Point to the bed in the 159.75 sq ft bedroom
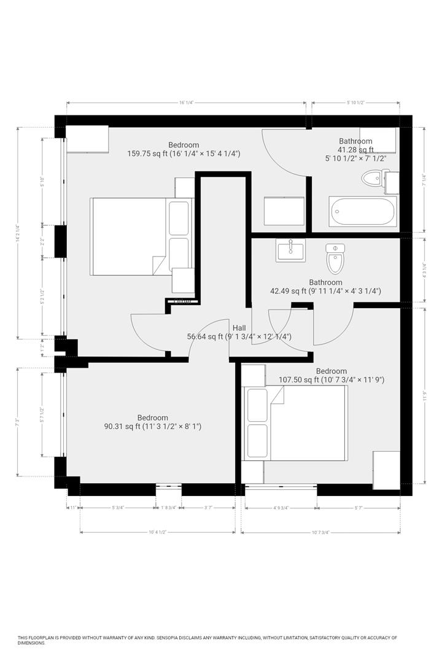(x=141, y=236)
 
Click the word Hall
(x=239, y=328)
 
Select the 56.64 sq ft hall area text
(x=239, y=336)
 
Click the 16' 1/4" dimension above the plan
(x=186, y=103)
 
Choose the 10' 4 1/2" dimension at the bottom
(x=158, y=532)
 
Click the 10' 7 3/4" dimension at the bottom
(x=320, y=532)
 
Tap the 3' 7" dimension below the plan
(x=209, y=508)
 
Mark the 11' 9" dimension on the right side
(x=424, y=396)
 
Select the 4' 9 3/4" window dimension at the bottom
(x=279, y=508)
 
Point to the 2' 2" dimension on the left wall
(x=42, y=241)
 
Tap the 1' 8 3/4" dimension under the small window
(x=168, y=508)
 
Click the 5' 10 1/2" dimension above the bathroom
(x=355, y=103)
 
